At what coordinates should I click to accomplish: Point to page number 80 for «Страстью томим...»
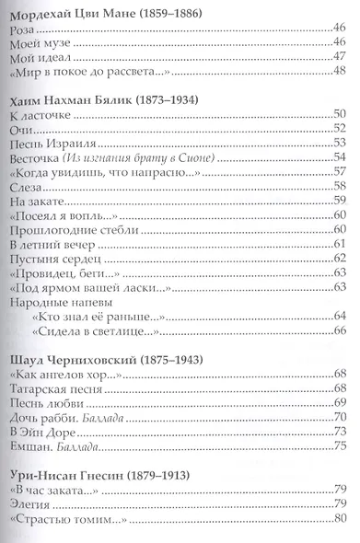coord(338,529)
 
